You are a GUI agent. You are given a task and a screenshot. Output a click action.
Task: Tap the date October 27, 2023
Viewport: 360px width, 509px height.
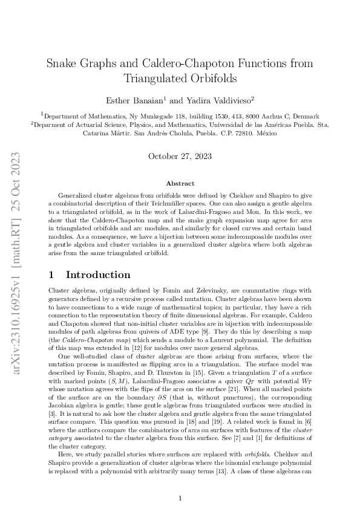180,156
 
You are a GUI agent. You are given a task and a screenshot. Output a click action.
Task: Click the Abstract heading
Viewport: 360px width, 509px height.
180,183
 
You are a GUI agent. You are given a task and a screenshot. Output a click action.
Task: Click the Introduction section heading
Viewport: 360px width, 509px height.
98,275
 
